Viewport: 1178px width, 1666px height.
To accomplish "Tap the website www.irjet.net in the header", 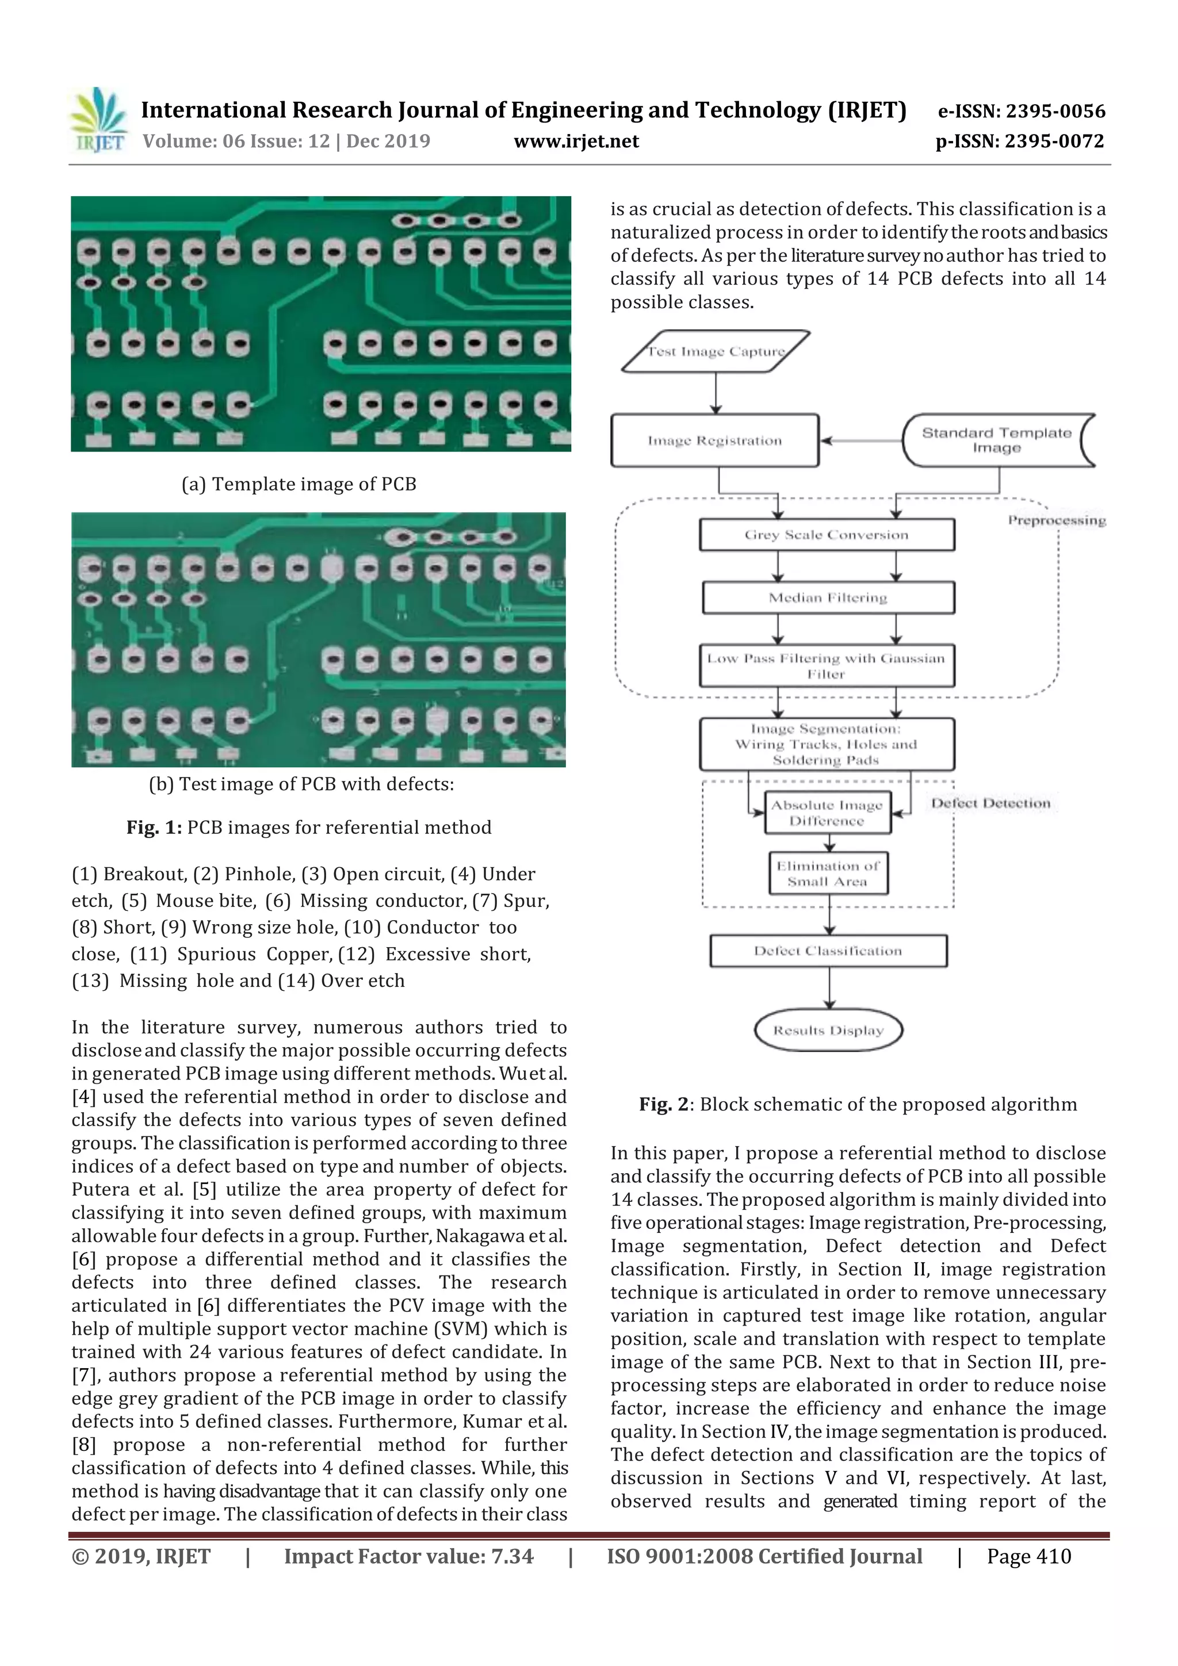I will [x=576, y=141].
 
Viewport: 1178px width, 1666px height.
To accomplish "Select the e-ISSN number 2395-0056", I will [x=1021, y=111].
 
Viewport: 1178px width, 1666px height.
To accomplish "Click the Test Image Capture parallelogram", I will [x=716, y=352].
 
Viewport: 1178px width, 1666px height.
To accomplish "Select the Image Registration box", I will [x=714, y=441].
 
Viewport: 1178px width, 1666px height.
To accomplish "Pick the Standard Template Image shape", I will [x=997, y=441].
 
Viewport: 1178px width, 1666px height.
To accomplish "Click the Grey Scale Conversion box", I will [x=826, y=535].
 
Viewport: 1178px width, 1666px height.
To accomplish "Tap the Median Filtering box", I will [x=828, y=598].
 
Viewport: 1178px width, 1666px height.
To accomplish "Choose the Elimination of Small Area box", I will [x=828, y=874].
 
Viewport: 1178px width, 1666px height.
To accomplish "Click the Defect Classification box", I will [x=828, y=951].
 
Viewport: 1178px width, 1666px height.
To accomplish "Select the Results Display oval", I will [x=828, y=1031].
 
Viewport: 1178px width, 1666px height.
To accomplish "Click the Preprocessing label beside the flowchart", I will [x=1056, y=520].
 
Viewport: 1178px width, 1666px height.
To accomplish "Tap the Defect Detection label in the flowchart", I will [x=990, y=803].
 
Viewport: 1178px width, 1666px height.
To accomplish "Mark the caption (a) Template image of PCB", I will [x=299, y=484].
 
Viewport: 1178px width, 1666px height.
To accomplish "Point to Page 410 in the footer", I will [x=1028, y=1556].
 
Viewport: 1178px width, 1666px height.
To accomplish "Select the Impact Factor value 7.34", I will [x=408, y=1556].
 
